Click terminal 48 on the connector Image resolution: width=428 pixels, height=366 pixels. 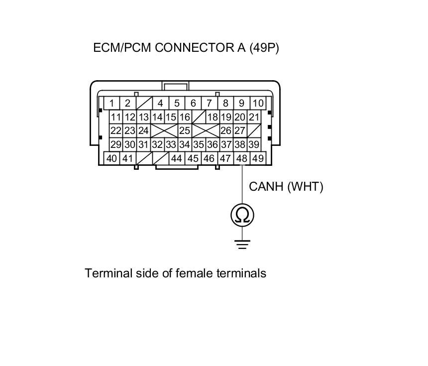[242, 159]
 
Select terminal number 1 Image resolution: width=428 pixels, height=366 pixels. [112, 104]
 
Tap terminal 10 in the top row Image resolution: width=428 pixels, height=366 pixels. [258, 104]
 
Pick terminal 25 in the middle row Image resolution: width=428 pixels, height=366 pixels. [185, 131]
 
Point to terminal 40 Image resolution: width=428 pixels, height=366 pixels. [112, 159]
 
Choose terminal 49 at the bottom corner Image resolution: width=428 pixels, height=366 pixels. [258, 159]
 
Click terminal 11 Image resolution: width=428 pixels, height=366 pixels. [116, 118]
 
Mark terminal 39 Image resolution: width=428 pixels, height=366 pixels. [254, 145]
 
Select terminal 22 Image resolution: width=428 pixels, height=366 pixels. [116, 131]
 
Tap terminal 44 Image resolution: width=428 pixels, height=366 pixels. [176, 159]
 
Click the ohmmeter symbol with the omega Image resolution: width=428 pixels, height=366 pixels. [242, 215]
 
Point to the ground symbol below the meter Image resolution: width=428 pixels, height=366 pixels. [242, 244]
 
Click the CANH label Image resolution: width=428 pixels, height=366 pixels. [266, 187]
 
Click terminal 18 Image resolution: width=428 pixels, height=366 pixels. [213, 118]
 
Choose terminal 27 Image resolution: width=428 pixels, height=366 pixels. [240, 131]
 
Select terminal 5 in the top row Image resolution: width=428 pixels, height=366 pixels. [177, 104]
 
